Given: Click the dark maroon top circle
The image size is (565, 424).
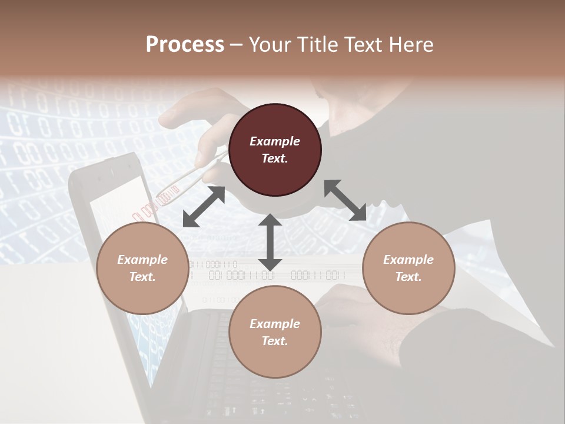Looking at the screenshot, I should [x=275, y=150].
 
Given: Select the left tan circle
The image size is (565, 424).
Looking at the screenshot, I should [x=142, y=268].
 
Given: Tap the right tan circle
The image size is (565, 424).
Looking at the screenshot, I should [x=408, y=268].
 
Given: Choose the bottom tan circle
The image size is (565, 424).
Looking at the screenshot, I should [x=275, y=332].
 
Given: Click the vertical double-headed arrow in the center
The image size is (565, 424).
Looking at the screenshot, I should [x=270, y=242].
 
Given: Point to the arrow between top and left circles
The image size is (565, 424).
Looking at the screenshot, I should [x=204, y=207].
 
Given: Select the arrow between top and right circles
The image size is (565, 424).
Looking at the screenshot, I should [x=345, y=200].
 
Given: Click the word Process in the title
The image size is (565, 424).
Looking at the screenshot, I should [x=185, y=45].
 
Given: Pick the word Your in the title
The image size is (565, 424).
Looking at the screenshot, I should [x=271, y=45].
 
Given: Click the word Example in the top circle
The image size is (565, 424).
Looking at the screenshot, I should [x=275, y=141].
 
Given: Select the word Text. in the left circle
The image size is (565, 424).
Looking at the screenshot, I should [x=142, y=277].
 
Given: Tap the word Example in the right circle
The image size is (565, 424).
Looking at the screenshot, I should [x=408, y=260].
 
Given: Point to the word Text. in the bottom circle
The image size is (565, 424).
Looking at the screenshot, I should [x=275, y=341].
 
